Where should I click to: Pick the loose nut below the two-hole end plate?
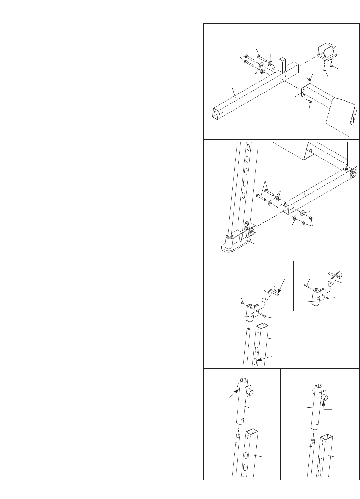[x=310, y=102]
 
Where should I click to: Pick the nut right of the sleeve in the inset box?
[x=327, y=298]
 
